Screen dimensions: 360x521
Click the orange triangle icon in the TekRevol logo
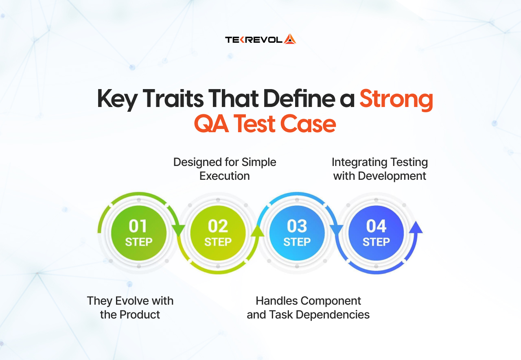tap(290, 39)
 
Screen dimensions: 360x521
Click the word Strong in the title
tap(396, 100)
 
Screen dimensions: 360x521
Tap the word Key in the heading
tap(116, 100)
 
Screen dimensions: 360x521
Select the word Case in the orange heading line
tap(313, 124)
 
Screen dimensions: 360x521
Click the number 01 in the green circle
tap(138, 226)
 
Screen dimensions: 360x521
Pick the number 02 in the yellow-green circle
tap(218, 226)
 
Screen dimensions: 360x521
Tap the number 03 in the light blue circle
tap(297, 226)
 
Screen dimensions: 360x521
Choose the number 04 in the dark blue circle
tap(376, 226)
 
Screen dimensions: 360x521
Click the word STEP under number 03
tap(297, 242)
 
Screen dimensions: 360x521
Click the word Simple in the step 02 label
tap(259, 162)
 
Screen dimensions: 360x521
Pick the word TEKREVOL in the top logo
tap(254, 39)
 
